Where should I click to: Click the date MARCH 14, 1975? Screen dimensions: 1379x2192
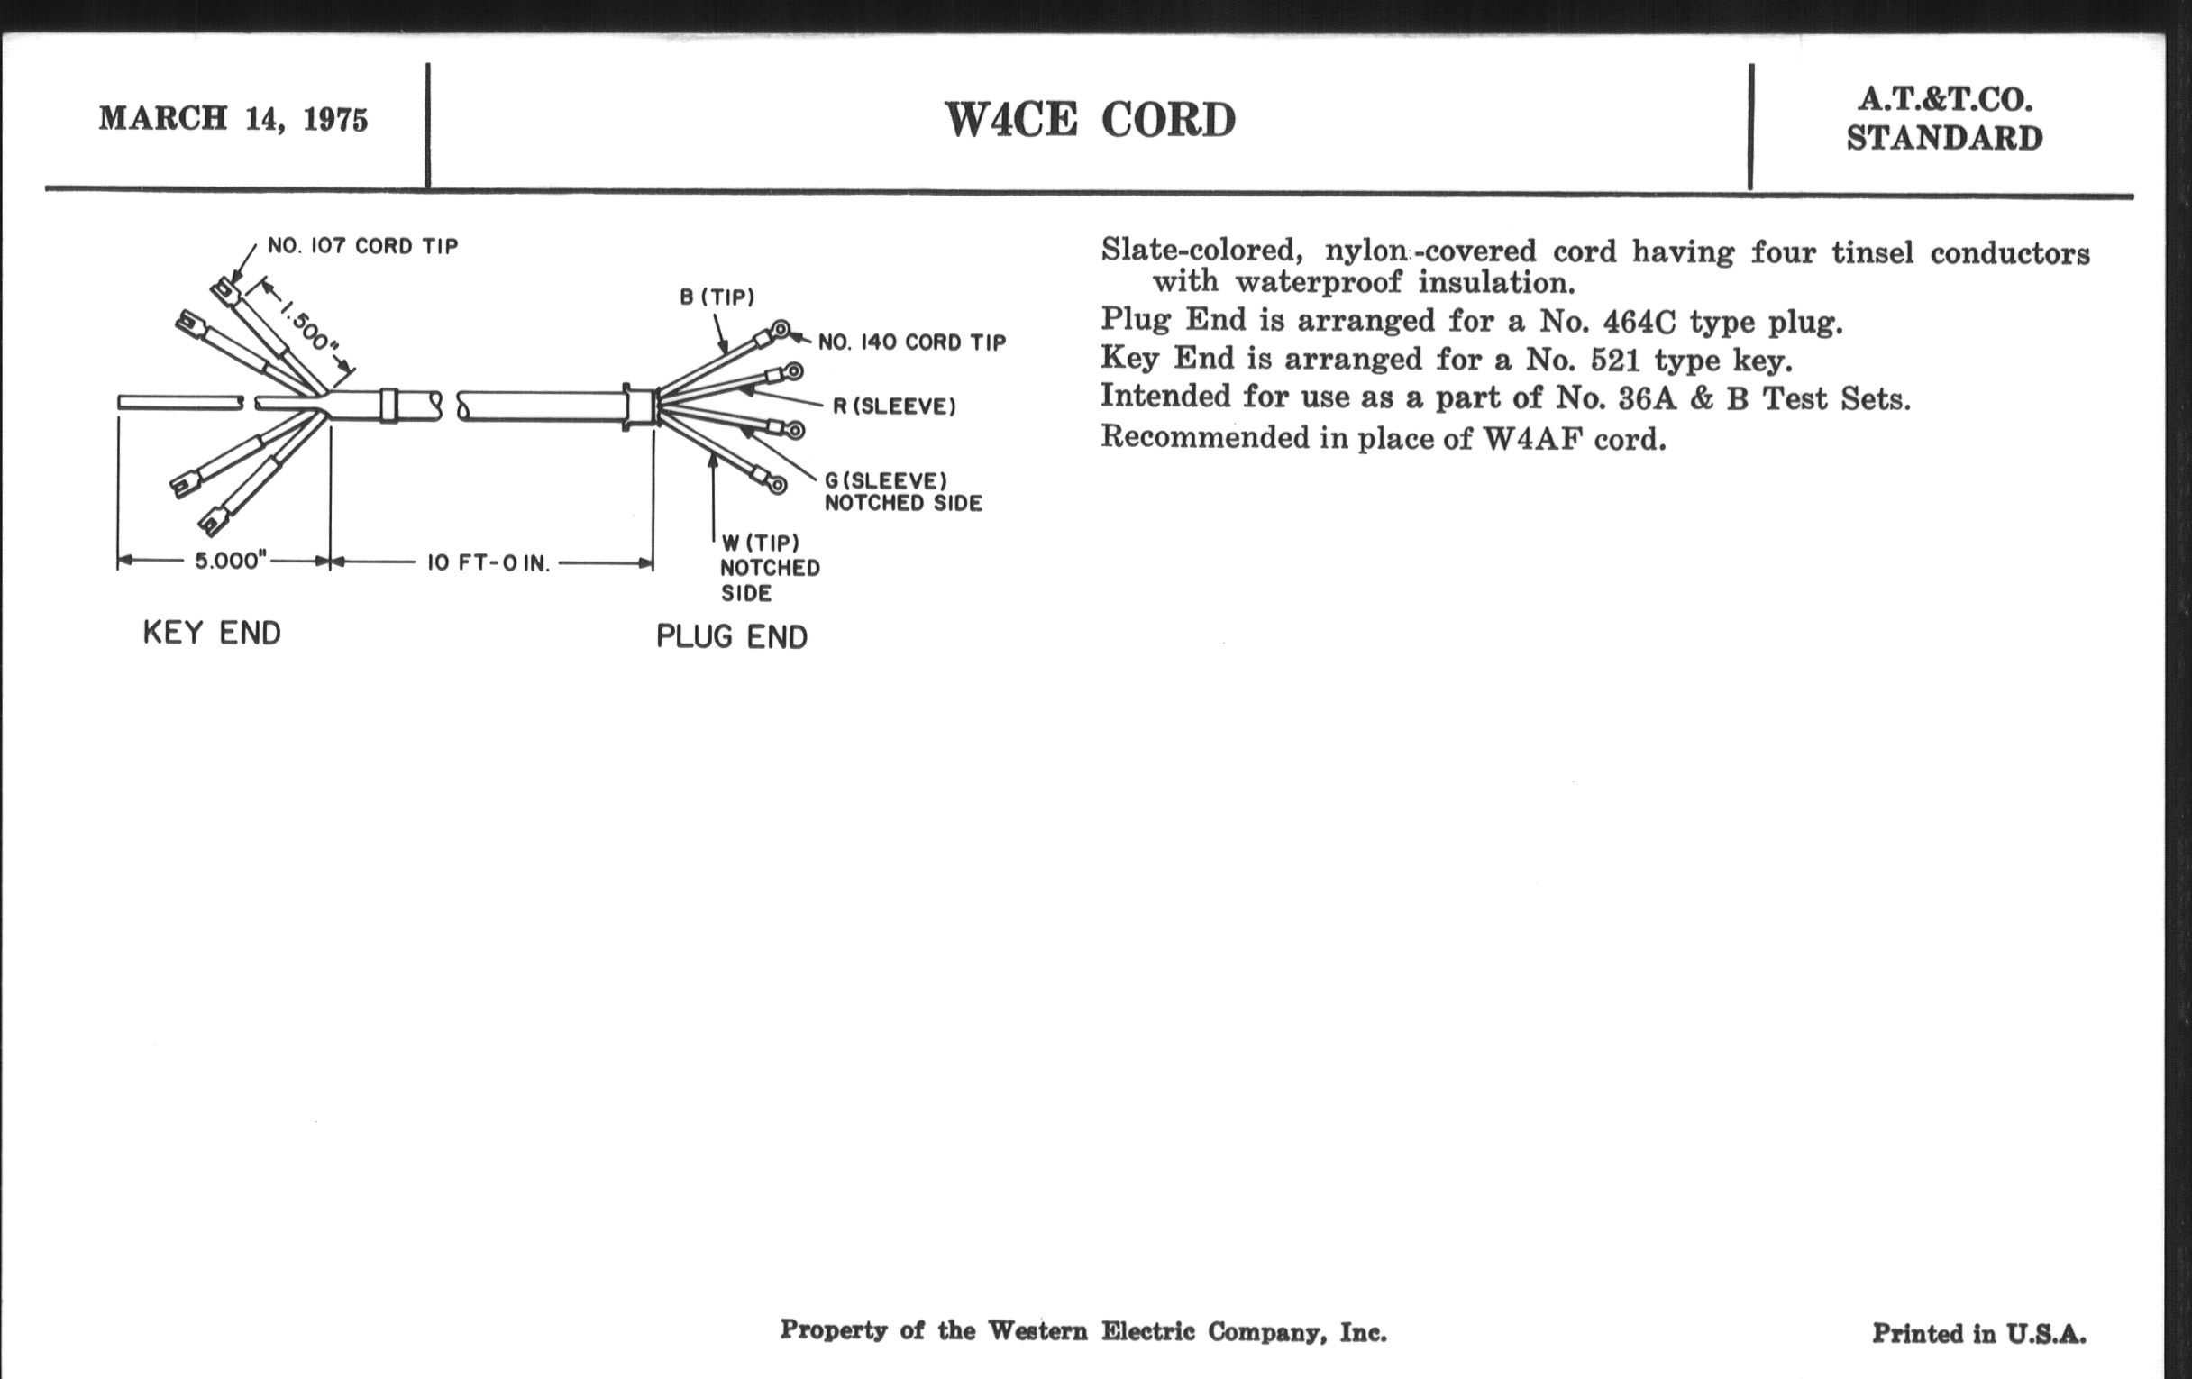[233, 119]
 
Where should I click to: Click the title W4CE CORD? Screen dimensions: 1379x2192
[1090, 119]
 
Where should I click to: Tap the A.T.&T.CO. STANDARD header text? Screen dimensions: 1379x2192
[1944, 119]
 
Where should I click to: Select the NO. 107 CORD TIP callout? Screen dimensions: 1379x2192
[362, 246]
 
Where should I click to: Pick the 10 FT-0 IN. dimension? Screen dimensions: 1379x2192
[489, 563]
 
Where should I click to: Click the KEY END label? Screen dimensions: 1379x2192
[212, 633]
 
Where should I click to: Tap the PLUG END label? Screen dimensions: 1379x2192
[732, 636]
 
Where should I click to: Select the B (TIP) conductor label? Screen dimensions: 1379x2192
[717, 297]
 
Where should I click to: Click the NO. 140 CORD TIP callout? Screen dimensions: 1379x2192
[911, 342]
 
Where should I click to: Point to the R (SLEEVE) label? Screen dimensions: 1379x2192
[894, 406]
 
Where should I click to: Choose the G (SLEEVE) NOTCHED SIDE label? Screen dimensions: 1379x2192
[902, 491]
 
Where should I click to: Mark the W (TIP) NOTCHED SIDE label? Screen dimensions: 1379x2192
[769, 568]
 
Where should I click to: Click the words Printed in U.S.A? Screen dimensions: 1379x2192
[1979, 1334]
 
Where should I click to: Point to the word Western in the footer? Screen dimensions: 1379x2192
[1037, 1330]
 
